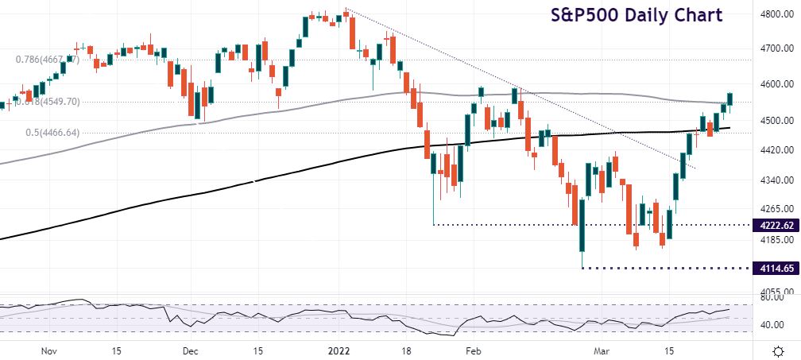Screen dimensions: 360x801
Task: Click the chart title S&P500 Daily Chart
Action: pos(637,15)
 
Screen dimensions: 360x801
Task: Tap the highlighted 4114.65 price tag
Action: pos(776,269)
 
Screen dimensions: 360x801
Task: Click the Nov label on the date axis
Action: pos(48,350)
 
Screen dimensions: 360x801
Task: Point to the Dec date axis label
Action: pos(190,350)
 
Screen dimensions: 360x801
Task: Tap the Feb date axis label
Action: pos(473,350)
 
